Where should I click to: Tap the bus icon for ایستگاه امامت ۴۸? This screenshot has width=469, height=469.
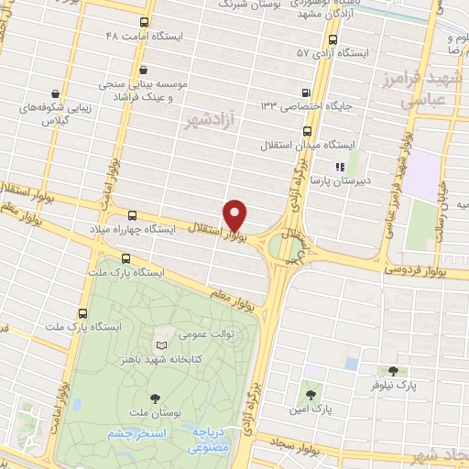coord(144,22)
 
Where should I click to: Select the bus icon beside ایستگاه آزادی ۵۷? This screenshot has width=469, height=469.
coord(332,40)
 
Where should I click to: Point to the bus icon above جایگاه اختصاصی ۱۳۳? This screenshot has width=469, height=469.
coord(306,92)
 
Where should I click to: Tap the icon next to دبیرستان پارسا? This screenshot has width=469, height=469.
coord(338,167)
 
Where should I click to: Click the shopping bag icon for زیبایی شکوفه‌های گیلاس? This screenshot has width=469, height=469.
coord(56,93)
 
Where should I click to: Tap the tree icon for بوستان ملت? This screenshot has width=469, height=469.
coord(154,398)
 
